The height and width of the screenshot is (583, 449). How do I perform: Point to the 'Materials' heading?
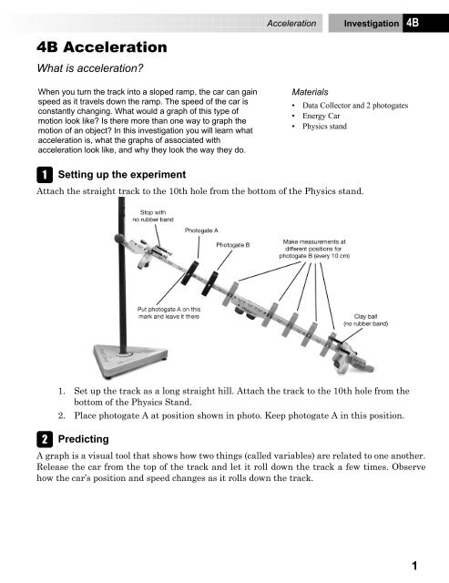pyautogui.click(x=311, y=93)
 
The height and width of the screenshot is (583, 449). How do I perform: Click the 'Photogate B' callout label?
pyautogui.click(x=235, y=245)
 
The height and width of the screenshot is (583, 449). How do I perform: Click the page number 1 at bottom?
pyautogui.click(x=413, y=565)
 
